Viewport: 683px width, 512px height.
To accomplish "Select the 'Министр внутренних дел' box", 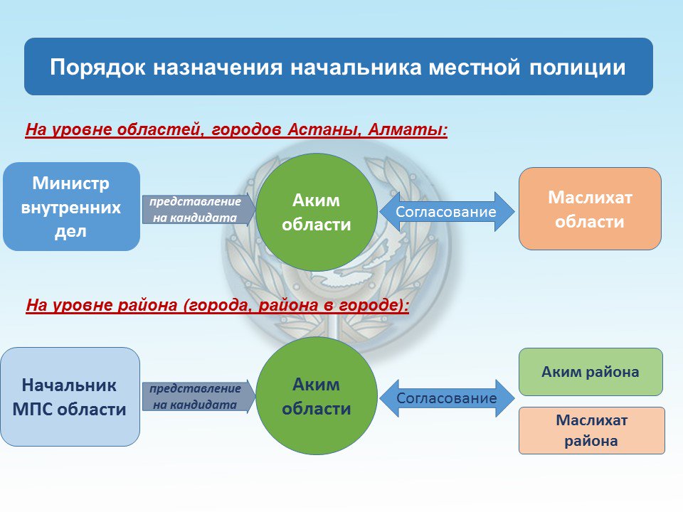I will point(71,207).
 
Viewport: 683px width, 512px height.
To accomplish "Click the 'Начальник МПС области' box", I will point(70,397).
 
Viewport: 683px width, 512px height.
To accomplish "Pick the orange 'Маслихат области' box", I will point(590,209).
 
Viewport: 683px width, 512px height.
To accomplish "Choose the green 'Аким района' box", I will point(590,372).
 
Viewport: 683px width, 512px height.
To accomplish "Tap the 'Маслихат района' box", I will point(591,430).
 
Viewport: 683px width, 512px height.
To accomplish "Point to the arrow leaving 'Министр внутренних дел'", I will point(196,210).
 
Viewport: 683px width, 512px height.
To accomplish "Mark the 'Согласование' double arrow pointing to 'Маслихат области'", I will point(445,211).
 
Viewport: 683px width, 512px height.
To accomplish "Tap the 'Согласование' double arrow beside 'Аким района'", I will point(446,398).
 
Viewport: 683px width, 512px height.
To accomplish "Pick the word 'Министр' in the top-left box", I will point(71,183).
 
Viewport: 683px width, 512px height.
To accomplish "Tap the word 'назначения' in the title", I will point(215,68).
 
